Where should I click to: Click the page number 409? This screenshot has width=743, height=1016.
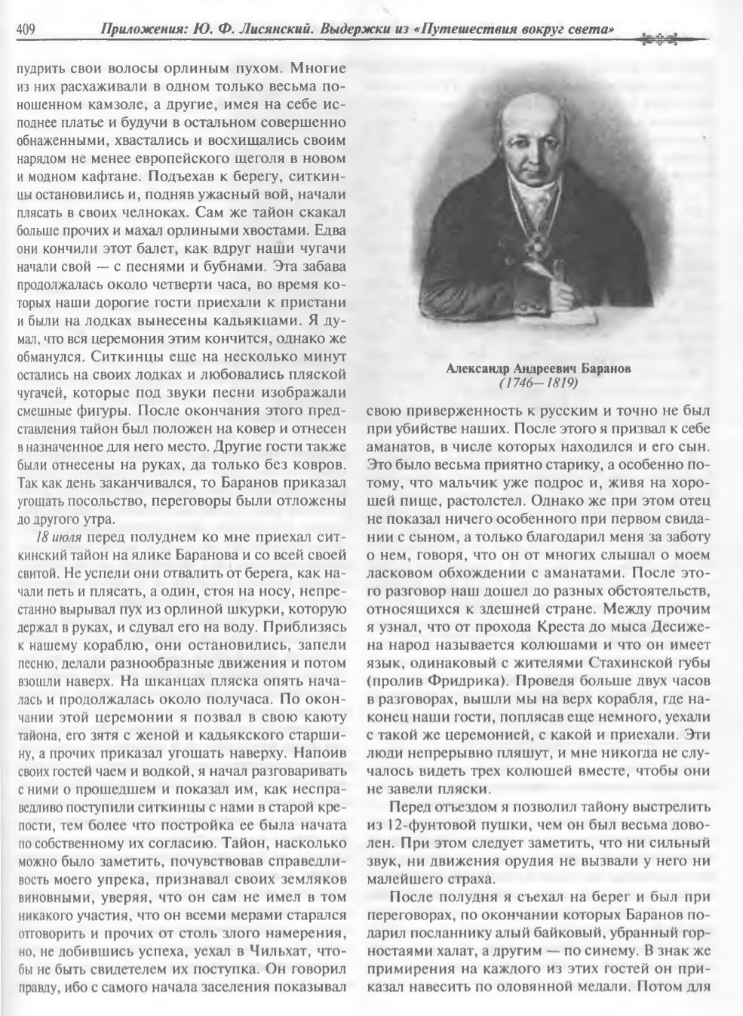point(26,30)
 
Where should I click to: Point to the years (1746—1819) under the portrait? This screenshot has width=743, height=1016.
point(538,383)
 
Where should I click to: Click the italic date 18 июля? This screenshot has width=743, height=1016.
point(60,537)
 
